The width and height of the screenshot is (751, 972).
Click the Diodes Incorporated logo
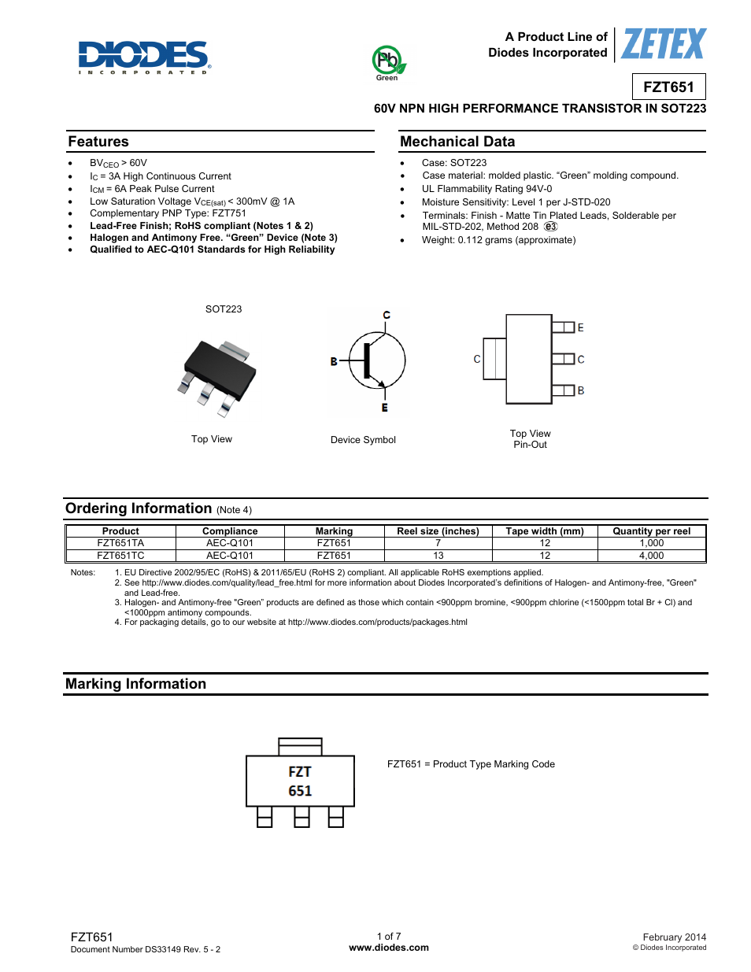tap(143, 57)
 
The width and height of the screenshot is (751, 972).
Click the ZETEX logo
tap(664, 44)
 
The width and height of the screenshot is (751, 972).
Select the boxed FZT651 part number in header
tap(668, 87)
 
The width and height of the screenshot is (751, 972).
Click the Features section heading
tap(98, 142)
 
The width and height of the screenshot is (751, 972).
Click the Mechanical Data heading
tap(457, 142)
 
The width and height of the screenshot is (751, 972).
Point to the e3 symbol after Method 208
tap(550, 227)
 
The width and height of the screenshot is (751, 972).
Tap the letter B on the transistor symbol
tap(334, 361)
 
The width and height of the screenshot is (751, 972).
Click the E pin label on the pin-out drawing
tap(581, 327)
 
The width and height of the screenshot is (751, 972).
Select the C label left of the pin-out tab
tap(476, 359)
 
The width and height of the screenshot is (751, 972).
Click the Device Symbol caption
tap(363, 440)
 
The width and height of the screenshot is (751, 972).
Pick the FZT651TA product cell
tap(120, 543)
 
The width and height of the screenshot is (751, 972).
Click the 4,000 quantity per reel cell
tap(651, 556)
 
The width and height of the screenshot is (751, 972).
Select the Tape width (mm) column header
tap(545, 531)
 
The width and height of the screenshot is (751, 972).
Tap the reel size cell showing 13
tap(438, 556)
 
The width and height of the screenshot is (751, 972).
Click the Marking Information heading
tap(135, 684)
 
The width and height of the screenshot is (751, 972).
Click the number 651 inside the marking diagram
tap(300, 791)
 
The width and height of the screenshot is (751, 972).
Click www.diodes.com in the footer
tap(389, 948)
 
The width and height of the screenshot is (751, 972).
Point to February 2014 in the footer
tap(674, 937)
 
